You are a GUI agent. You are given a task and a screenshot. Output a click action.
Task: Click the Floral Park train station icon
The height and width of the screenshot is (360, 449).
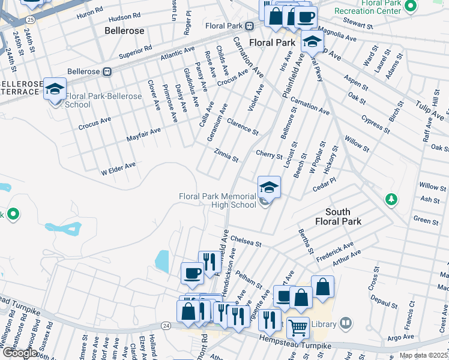tap(249, 26)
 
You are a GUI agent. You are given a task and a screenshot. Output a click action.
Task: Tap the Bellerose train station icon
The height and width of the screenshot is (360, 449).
tap(107, 71)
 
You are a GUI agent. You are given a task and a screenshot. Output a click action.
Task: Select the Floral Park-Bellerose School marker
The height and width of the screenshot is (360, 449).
tap(55, 90)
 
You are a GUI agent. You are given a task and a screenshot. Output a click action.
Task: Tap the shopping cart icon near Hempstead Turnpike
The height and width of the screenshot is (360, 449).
tap(298, 328)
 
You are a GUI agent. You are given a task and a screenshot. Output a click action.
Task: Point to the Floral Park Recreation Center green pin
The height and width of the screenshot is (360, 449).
tap(411, 7)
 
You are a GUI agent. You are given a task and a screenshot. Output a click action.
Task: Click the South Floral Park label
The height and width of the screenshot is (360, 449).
tap(343, 217)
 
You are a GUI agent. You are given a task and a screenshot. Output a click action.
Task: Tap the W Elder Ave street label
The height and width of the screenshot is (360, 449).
tap(118, 168)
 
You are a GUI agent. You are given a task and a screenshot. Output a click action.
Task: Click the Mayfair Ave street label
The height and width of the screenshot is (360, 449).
tap(143, 134)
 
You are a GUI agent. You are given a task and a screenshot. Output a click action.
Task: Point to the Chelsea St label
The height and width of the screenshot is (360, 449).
tap(246, 241)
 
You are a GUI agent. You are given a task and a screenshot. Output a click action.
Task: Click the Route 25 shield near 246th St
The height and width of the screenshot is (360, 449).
tap(31, 20)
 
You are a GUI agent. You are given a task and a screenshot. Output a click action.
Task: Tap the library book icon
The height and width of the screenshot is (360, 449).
tap(345, 323)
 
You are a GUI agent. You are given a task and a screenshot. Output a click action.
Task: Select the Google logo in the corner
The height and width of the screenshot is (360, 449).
tap(20, 352)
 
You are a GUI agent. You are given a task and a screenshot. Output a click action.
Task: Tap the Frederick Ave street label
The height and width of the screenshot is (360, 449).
tap(335, 250)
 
